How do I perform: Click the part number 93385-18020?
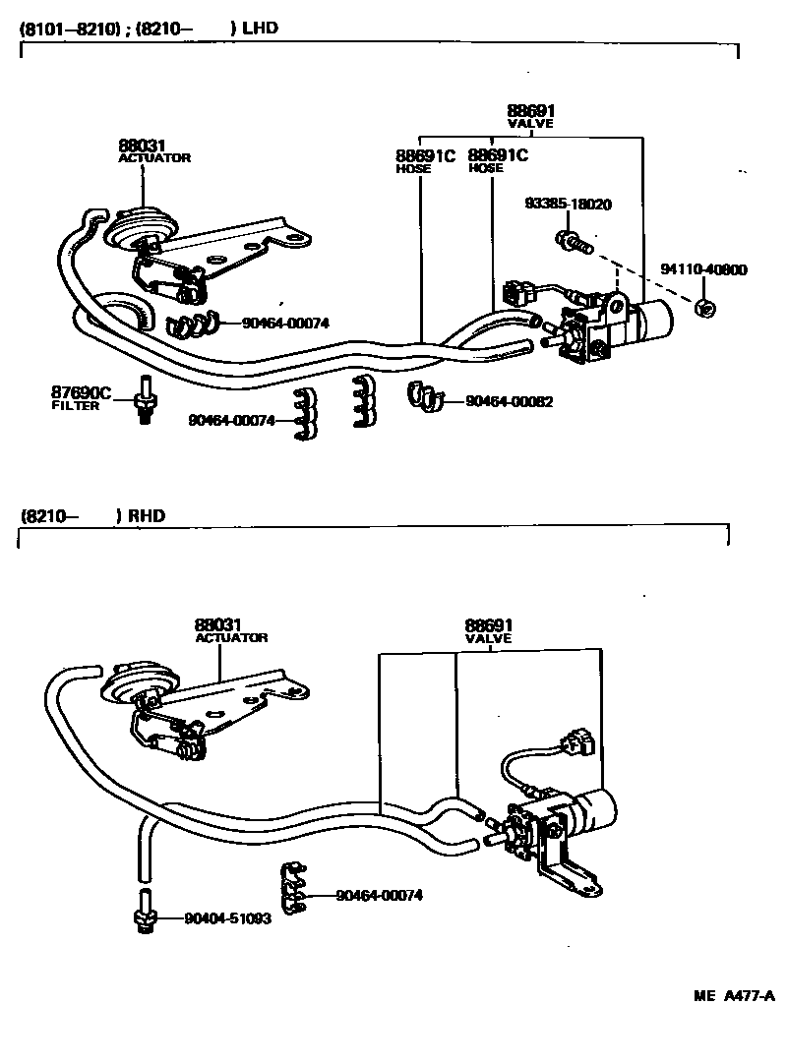[568, 205]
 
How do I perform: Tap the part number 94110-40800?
[702, 269]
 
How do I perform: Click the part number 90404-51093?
[227, 918]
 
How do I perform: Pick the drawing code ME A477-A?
[735, 995]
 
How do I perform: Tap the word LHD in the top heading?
[260, 28]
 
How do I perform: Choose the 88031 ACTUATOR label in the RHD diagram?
[230, 630]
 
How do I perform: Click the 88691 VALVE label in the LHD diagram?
[530, 116]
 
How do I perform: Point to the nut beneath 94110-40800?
[704, 308]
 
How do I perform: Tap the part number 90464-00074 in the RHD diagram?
[379, 895]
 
